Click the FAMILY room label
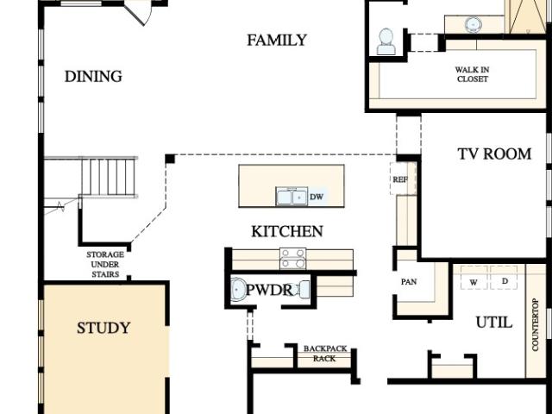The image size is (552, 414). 277,41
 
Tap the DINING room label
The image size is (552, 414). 93,77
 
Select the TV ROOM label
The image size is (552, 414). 494,154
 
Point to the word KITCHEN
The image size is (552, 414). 287,231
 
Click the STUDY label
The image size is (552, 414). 103,328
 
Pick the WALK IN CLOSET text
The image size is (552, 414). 472,74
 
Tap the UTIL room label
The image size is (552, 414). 494,322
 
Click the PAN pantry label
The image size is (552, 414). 409,282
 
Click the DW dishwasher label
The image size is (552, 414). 317,197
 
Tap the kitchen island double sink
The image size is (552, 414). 292,197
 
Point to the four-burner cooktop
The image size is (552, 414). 292,259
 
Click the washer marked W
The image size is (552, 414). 474,278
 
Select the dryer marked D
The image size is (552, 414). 504,278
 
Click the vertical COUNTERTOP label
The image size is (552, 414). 536,324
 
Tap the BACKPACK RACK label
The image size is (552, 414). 325,354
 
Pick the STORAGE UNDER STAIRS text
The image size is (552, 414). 105,265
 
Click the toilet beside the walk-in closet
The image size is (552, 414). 386,41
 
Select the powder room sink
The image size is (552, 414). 239,290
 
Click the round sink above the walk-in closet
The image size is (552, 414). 474,25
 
